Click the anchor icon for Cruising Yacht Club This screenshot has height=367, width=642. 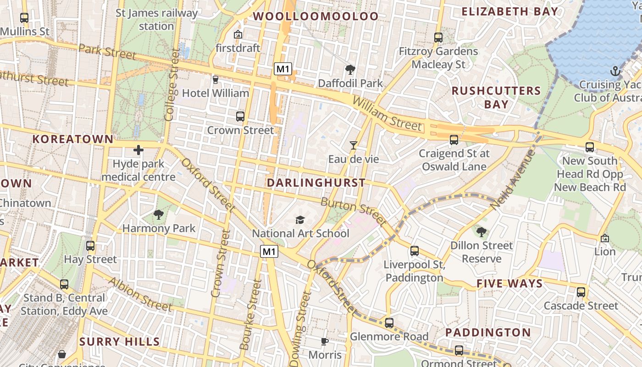coord(615,71)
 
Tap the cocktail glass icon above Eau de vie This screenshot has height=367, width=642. coord(354,145)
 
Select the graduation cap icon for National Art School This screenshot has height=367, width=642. coord(300,220)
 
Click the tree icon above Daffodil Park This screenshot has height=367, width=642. coord(350,70)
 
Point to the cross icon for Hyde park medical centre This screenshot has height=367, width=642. coord(138,150)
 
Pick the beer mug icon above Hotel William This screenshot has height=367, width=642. coord(216,80)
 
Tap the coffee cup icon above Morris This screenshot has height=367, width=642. coord(325,341)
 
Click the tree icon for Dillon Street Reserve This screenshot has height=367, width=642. coord(481,232)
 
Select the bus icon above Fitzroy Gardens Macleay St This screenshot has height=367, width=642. coord(438,38)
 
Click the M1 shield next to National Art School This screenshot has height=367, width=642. coord(269,251)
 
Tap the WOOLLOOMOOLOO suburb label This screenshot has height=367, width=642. coord(316,17)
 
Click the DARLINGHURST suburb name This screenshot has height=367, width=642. coord(316,183)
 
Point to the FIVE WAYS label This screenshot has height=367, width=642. coord(509,284)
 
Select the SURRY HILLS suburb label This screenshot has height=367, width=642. coord(120,341)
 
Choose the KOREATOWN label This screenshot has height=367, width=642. coord(72,139)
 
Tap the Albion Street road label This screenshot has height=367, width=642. coord(140,294)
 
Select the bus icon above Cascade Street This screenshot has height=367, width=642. coord(581,292)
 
